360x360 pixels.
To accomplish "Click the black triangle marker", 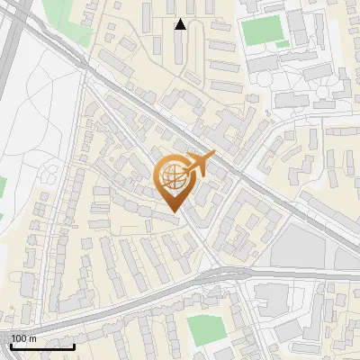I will (x=180, y=24).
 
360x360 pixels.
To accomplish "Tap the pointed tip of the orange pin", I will (x=173, y=211).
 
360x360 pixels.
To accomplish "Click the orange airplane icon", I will (x=200, y=164).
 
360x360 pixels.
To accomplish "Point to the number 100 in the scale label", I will (x=19, y=337).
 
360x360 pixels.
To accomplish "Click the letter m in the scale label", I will (x=33, y=337).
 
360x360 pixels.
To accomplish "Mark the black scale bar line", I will (x=42, y=346).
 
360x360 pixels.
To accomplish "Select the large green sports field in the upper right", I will (x=263, y=31).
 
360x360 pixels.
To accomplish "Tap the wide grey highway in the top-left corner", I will (x=11, y=36).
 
